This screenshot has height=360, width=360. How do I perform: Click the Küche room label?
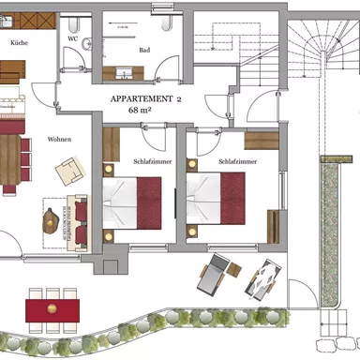pyautogui.click(x=17, y=43)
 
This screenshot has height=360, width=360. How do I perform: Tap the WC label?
pyautogui.click(x=72, y=40)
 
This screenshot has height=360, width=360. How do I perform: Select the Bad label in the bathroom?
pyautogui.click(x=143, y=50)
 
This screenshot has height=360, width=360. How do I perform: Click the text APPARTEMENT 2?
pyautogui.click(x=145, y=98)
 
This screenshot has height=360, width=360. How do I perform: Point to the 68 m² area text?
pyautogui.click(x=145, y=110)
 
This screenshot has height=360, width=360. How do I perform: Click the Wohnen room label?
pyautogui.click(x=60, y=139)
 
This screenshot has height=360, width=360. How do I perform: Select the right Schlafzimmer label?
pyautogui.click(x=236, y=160)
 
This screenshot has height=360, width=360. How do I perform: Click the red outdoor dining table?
pyautogui.click(x=52, y=307)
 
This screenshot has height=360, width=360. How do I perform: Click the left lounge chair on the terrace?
pyautogui.click(x=213, y=276)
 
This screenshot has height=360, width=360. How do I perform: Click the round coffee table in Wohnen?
pyautogui.click(x=48, y=221)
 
